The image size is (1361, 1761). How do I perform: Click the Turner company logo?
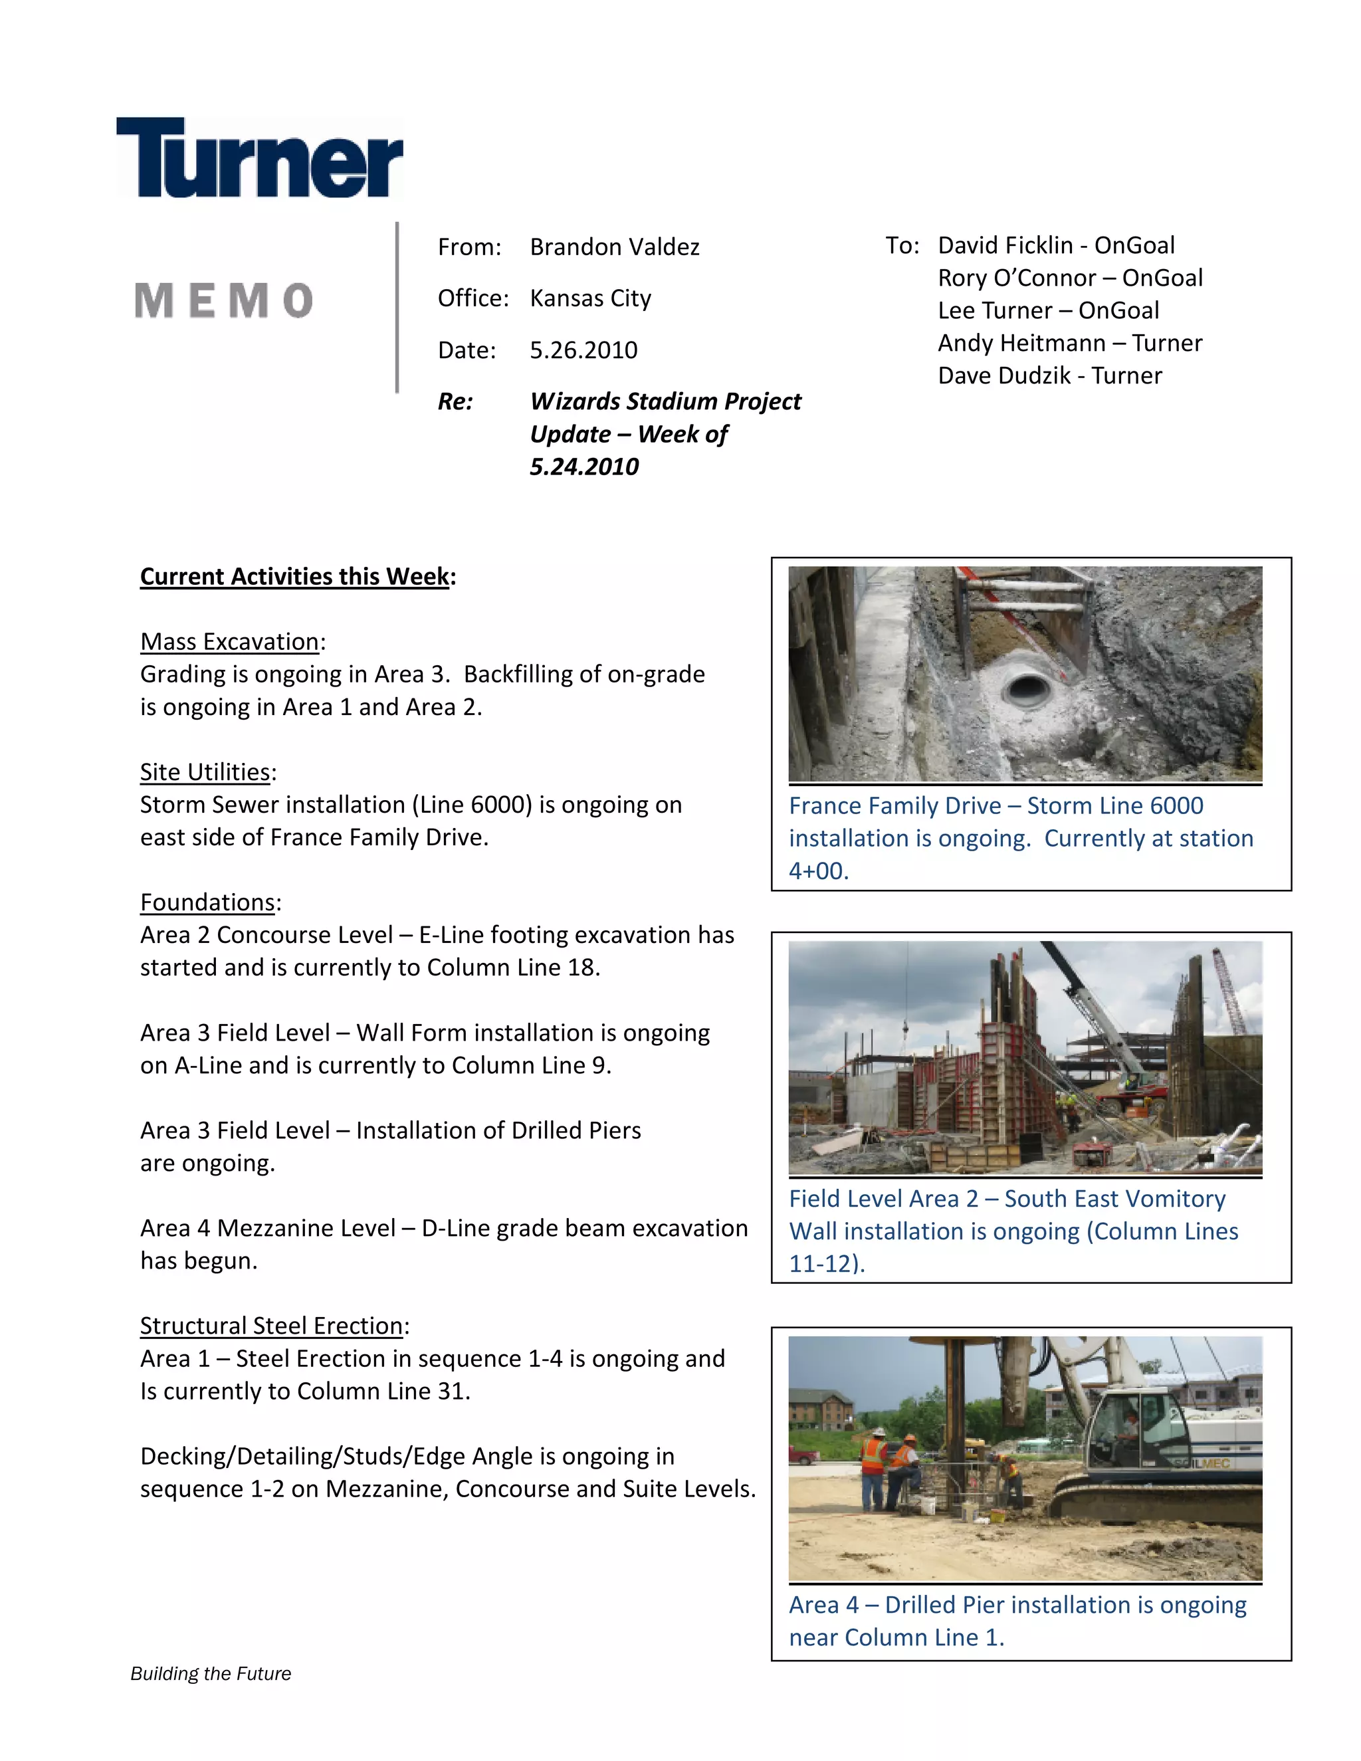pyautogui.click(x=260, y=158)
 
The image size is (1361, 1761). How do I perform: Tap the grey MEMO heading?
pyautogui.click(x=223, y=301)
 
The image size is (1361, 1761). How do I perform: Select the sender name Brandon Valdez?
pyautogui.click(x=615, y=247)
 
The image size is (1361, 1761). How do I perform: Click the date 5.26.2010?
pyautogui.click(x=583, y=350)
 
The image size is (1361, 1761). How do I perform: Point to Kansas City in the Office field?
pyautogui.click(x=590, y=298)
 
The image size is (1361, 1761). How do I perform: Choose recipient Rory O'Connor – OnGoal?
pyautogui.click(x=1069, y=278)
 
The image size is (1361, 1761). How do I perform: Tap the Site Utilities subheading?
pyautogui.click(x=205, y=772)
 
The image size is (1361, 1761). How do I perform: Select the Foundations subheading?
pyautogui.click(x=208, y=902)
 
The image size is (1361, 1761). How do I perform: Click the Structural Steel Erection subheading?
pyautogui.click(x=272, y=1326)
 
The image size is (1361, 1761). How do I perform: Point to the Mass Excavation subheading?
pyautogui.click(x=230, y=642)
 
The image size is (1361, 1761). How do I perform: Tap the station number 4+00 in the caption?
pyautogui.click(x=817, y=872)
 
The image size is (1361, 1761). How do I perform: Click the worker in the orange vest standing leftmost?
pyautogui.click(x=873, y=1467)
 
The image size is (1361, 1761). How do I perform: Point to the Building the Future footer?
pyautogui.click(x=211, y=1674)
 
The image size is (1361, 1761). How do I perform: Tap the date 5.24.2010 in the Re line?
pyautogui.click(x=583, y=467)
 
